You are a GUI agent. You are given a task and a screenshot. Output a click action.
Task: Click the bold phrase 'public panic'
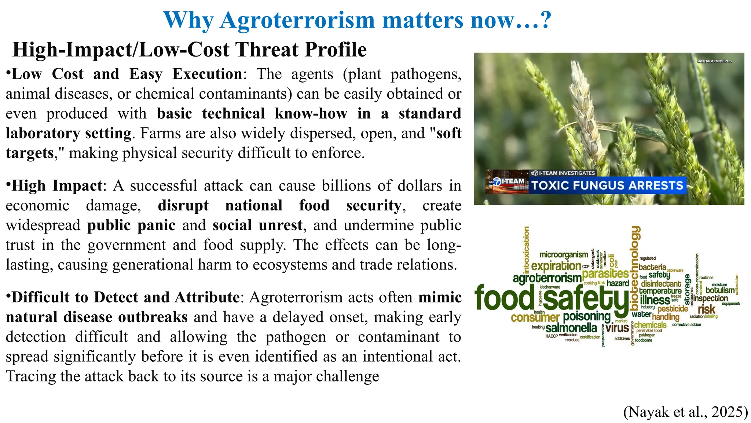(131, 225)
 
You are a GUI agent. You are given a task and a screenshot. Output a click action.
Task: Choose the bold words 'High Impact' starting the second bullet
(57, 186)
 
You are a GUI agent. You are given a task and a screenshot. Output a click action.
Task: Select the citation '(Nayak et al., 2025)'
(685, 412)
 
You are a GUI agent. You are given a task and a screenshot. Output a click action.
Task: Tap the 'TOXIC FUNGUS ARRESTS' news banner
(607, 185)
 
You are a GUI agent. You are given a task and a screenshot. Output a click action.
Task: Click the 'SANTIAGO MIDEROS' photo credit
(714, 61)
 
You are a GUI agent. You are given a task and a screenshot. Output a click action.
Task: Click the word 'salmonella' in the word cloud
(571, 328)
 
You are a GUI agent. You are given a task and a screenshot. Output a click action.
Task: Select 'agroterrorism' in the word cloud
(547, 278)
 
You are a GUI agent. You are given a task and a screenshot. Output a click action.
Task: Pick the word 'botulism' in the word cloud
(720, 290)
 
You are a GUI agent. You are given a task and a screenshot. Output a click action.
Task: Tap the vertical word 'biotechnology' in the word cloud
(635, 268)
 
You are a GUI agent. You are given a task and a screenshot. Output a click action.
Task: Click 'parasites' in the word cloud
(605, 274)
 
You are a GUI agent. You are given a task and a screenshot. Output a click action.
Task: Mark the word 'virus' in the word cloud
(617, 328)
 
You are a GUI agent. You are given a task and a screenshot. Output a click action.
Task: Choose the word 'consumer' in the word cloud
(535, 317)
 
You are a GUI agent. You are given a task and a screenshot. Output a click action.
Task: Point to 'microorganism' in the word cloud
(564, 255)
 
